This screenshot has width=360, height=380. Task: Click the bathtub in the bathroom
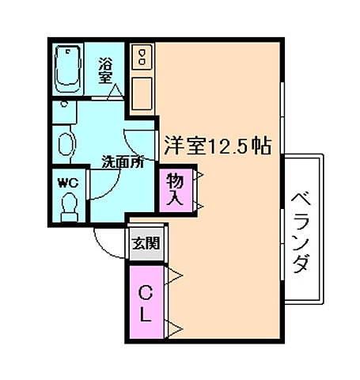click(x=67, y=69)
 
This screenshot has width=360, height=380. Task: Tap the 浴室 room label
click(x=105, y=70)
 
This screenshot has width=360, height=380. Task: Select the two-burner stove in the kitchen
click(x=142, y=57)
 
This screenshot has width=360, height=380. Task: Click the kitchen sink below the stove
click(x=142, y=93)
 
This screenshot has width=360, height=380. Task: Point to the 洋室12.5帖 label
click(x=218, y=146)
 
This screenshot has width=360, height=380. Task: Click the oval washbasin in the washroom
click(x=66, y=144)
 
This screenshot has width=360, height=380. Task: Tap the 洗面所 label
click(x=123, y=161)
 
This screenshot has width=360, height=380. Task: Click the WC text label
click(x=68, y=183)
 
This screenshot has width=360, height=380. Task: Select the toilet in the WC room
click(x=70, y=207)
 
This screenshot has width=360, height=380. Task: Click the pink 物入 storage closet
click(x=176, y=190)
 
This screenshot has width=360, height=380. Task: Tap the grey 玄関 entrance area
click(x=146, y=243)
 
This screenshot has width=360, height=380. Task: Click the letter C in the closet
click(x=146, y=293)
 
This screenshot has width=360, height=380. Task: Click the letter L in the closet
click(x=145, y=314)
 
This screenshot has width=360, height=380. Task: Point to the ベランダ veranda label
click(x=301, y=233)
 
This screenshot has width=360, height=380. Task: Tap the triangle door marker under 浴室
click(x=116, y=92)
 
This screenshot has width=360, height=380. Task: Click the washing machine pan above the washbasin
click(x=65, y=112)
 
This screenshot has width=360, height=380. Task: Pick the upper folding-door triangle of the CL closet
click(x=174, y=275)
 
